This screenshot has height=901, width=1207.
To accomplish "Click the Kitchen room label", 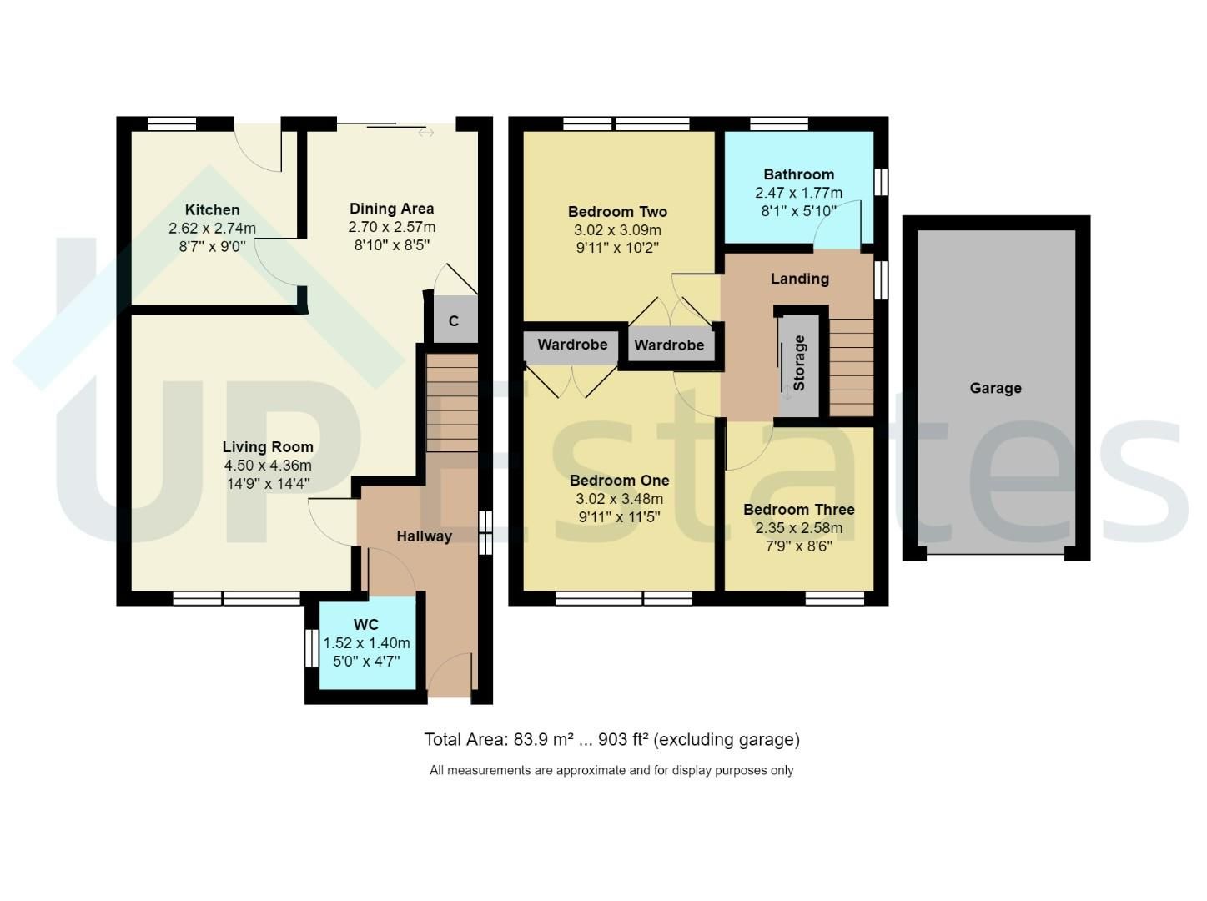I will click(212, 210).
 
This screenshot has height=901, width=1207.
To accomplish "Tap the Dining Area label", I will click(391, 209).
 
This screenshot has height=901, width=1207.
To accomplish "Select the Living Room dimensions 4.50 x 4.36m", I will click(268, 466).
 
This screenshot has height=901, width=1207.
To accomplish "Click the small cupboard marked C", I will click(454, 320).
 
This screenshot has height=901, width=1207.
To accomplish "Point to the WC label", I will click(366, 625).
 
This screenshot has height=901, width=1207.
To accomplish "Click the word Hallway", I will click(424, 536).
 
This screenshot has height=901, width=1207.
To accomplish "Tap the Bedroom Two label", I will click(617, 212).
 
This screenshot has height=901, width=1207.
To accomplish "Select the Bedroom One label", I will click(619, 481).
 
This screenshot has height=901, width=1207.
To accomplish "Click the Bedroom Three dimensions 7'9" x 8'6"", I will click(798, 546).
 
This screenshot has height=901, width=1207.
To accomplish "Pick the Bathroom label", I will click(798, 174).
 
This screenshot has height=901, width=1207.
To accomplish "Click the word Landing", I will click(799, 279).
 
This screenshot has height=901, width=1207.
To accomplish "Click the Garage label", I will click(995, 388).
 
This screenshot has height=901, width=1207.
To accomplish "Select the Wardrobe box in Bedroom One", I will click(572, 345).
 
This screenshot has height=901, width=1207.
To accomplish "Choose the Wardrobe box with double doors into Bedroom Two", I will click(669, 345).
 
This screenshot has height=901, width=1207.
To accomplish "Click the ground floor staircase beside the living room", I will click(453, 402).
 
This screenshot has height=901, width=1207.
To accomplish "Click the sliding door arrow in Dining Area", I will click(426, 132).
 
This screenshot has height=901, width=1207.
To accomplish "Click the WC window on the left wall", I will click(308, 647).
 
